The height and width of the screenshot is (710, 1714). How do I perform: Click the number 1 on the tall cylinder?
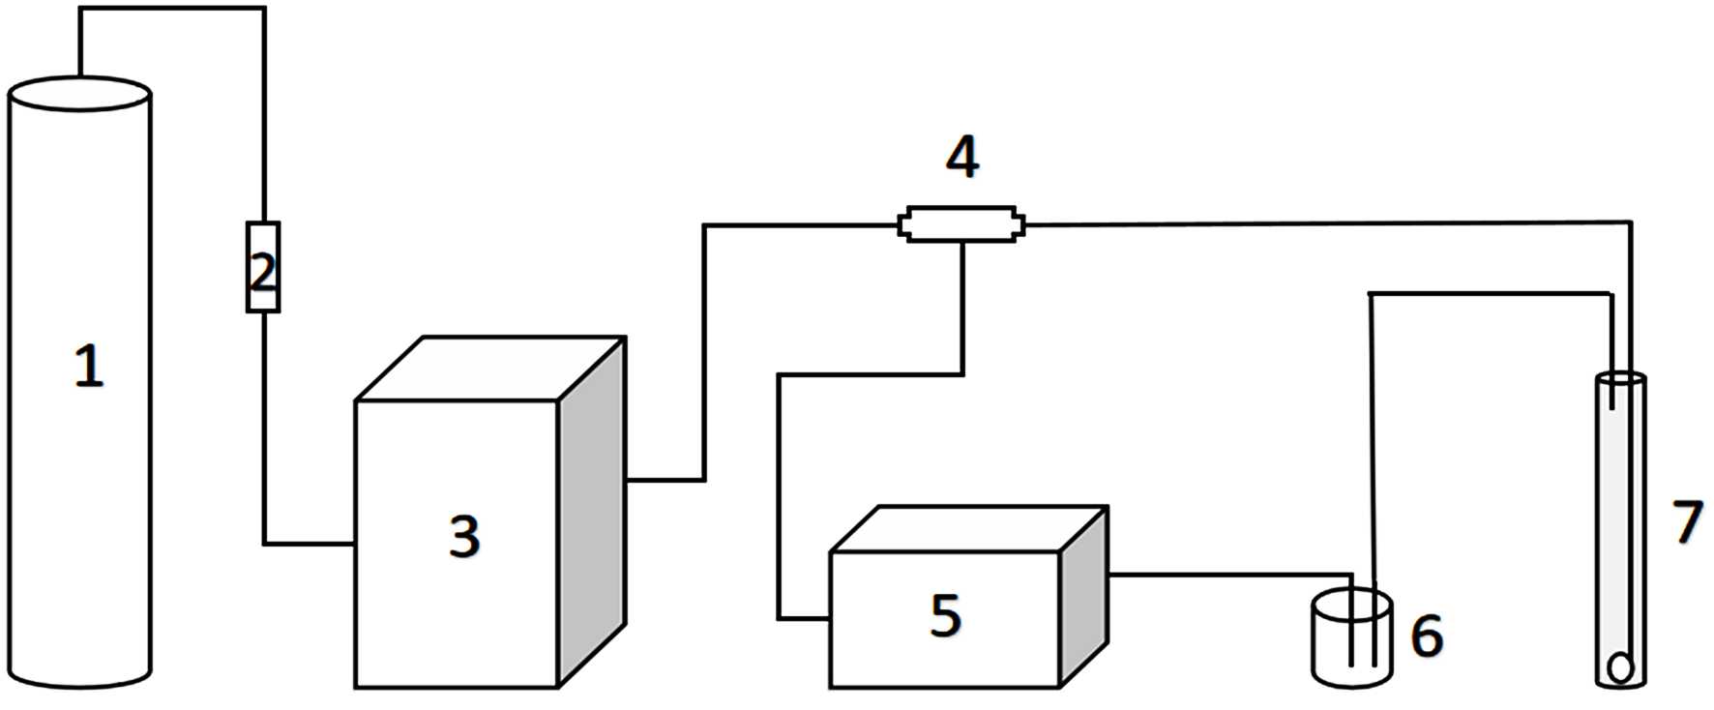(x=89, y=368)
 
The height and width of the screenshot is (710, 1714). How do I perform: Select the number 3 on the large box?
(x=464, y=536)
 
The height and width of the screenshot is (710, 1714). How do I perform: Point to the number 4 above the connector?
(x=961, y=158)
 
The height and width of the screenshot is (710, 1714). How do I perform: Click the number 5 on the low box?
(x=946, y=615)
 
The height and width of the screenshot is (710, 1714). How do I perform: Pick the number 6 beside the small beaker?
(x=1427, y=636)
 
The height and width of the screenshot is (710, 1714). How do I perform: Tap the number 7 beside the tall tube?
(x=1687, y=522)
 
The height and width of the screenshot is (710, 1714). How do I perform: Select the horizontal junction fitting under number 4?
(x=961, y=224)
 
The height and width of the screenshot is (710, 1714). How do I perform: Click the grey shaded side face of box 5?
(x=1084, y=595)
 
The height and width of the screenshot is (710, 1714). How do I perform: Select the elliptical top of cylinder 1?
(x=79, y=94)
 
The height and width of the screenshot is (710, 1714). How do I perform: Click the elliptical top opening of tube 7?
(x=1620, y=379)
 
